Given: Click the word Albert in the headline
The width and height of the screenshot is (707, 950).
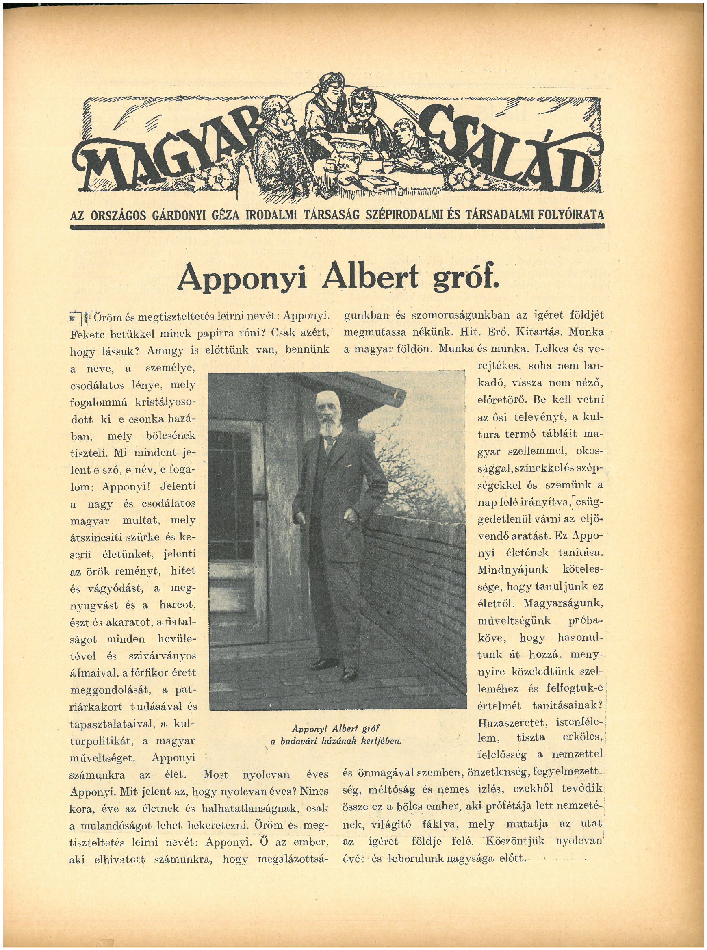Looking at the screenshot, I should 370,279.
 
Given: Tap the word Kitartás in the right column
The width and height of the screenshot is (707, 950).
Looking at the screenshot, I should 543,332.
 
